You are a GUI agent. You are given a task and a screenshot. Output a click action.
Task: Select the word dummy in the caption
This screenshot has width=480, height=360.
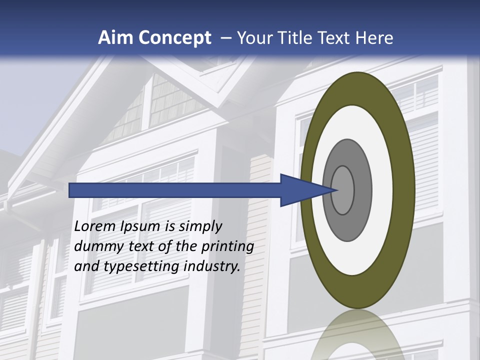point(97,247)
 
